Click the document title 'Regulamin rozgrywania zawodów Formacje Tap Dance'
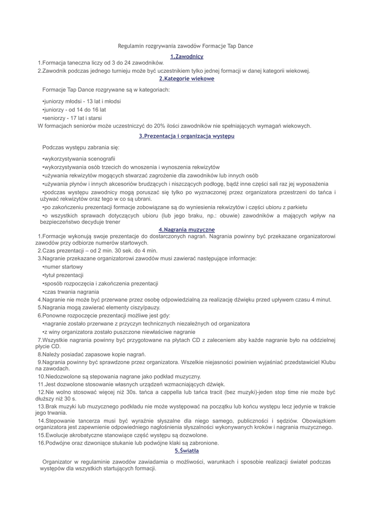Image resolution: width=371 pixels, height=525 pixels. [186, 46]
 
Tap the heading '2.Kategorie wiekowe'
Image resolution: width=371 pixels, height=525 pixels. [187, 78]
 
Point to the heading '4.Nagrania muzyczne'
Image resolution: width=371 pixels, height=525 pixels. [187, 229]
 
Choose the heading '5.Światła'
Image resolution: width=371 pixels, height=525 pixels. [187, 451]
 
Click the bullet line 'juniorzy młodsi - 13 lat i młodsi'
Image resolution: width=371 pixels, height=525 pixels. [81, 101]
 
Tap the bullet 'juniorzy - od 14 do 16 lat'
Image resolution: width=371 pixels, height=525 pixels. [74, 110]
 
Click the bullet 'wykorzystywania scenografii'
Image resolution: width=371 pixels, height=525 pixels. [79, 159]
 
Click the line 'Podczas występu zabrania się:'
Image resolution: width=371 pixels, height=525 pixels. [80, 147]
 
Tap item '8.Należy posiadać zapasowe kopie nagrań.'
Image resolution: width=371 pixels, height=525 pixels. [92, 354]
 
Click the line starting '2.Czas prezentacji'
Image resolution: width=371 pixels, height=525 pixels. [97, 251]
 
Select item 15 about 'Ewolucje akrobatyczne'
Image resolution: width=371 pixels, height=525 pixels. [123, 435]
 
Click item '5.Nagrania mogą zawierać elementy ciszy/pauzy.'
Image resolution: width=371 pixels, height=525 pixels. [99, 308]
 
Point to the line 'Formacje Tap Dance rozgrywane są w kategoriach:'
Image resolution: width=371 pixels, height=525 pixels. [106, 90]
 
